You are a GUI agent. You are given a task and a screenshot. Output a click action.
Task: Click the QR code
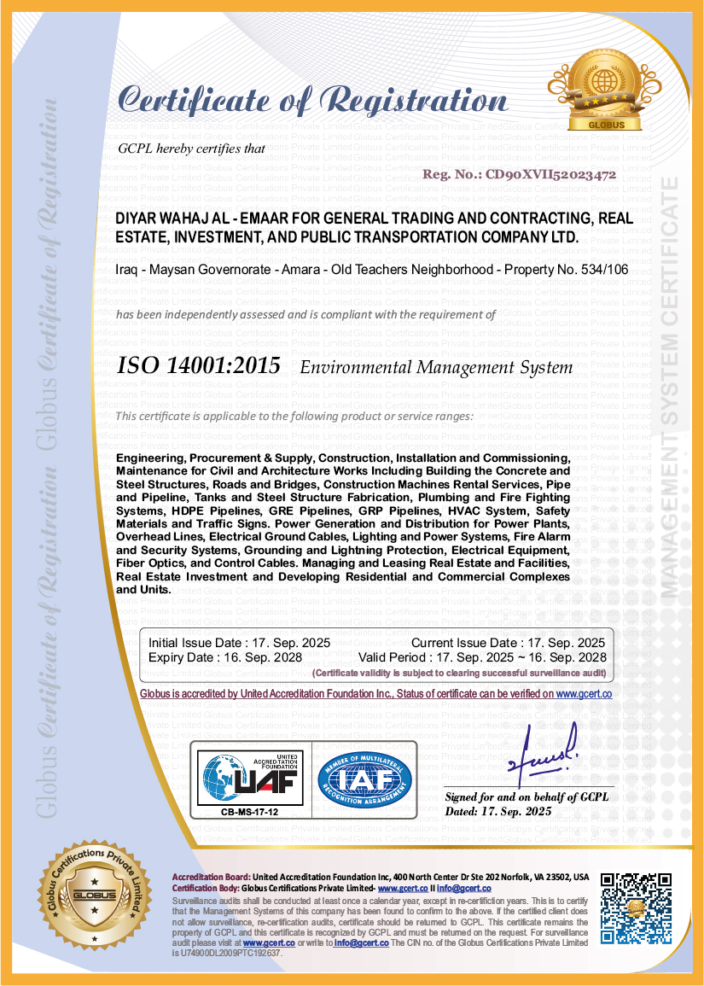636,907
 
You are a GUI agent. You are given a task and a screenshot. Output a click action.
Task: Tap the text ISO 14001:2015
198,367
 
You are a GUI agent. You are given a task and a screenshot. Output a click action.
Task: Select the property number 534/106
602,270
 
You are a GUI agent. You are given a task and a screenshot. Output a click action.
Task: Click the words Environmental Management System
436,368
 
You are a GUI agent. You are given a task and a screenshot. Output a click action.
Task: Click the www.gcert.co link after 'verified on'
584,695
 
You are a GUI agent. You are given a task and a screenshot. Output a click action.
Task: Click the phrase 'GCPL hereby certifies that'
191,149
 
